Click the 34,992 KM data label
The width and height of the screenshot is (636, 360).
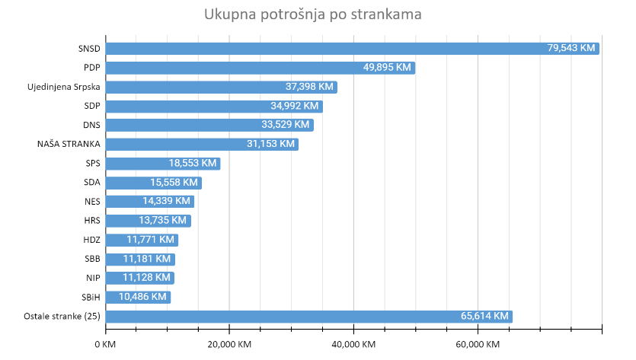[295, 106]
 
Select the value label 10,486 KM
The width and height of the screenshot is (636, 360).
[142, 297]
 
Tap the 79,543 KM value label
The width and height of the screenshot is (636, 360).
[571, 48]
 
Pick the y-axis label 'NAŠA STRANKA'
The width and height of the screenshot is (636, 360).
[69, 144]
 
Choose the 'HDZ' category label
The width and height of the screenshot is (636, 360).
[91, 240]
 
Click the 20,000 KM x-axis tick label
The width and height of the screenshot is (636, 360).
[229, 345]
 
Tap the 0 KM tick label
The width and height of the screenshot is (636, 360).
[106, 345]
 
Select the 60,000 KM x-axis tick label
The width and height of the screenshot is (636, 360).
[478, 345]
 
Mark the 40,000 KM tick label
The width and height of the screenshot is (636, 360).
[353, 345]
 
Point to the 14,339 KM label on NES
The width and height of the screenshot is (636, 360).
[166, 202]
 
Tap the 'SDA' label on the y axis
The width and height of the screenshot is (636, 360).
[91, 183]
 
